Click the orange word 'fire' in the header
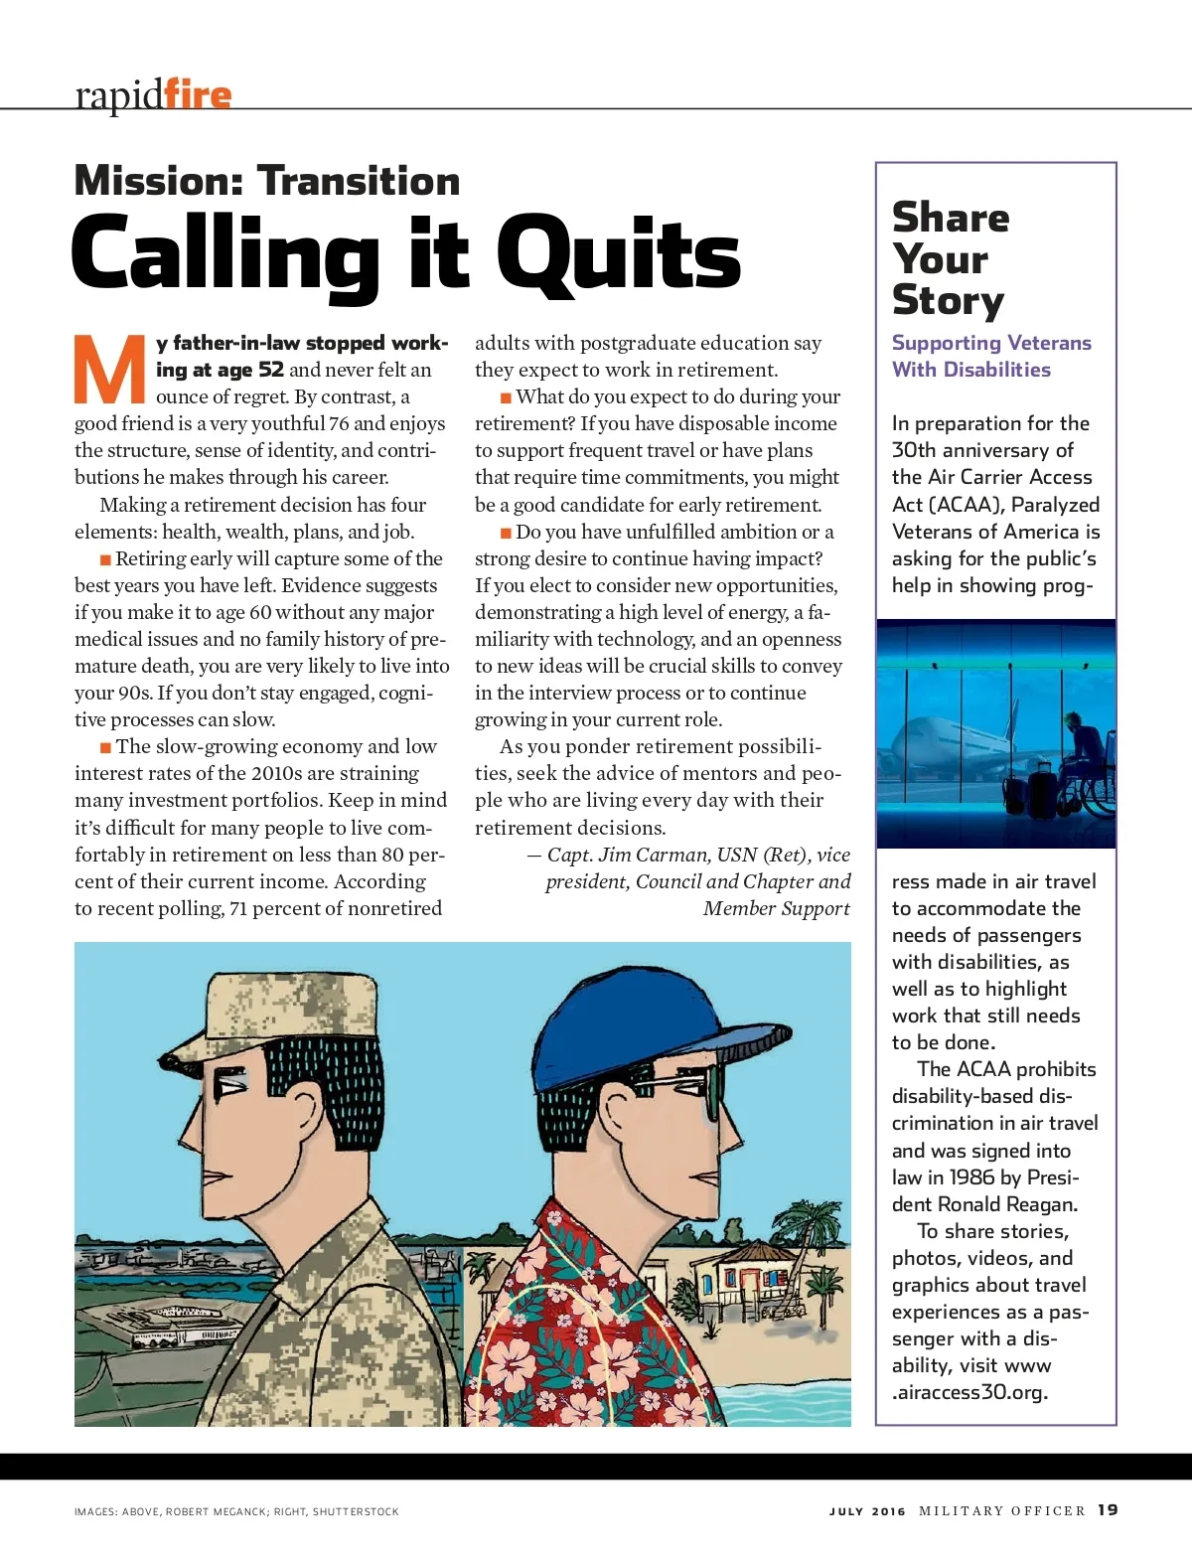click(x=198, y=94)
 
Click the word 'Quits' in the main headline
click(x=619, y=254)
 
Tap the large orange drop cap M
click(x=109, y=371)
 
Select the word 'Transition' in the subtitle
click(x=359, y=181)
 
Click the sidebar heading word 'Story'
click(x=948, y=300)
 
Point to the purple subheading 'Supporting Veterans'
click(x=990, y=343)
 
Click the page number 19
click(x=1108, y=1509)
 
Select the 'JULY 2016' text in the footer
click(x=867, y=1511)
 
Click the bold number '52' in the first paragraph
click(x=271, y=370)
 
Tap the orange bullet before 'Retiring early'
click(x=105, y=559)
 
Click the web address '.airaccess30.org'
click(x=969, y=1392)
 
